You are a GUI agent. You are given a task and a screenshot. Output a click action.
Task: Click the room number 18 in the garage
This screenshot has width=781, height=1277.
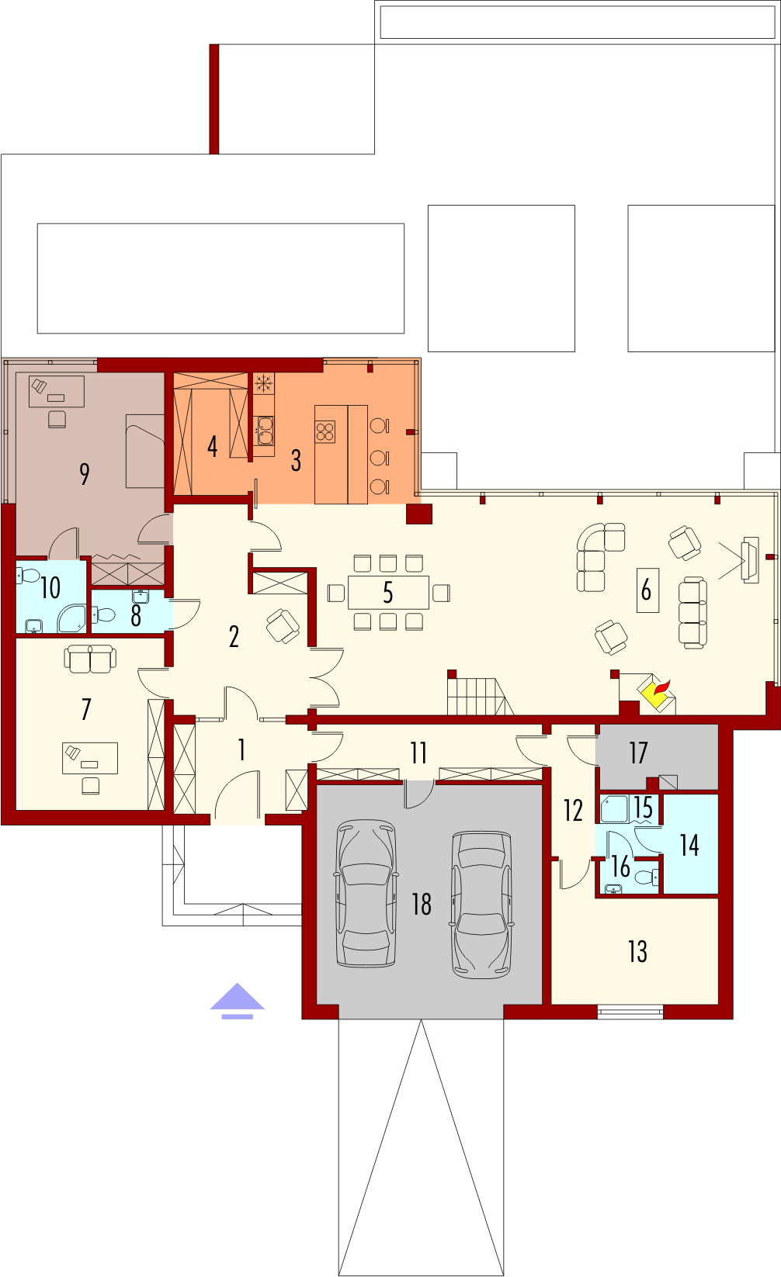coord(422,904)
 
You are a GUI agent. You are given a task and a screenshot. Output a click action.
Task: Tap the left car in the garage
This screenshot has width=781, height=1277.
coord(366,893)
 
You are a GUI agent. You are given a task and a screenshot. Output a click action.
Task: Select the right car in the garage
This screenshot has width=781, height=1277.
coord(481,905)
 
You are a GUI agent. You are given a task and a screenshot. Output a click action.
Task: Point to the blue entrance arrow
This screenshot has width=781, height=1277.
coord(237,1001)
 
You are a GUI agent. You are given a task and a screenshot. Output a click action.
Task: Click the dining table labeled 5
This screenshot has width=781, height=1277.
coord(388,593)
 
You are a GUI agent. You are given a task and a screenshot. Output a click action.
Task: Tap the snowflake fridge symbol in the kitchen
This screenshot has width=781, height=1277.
coord(263,384)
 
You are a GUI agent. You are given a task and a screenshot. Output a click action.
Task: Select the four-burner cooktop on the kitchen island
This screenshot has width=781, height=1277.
coord(325,431)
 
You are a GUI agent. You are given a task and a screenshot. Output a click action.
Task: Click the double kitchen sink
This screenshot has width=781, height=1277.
coord(263,431)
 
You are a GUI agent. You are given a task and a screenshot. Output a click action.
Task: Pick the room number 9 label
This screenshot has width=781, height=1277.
coord(85,473)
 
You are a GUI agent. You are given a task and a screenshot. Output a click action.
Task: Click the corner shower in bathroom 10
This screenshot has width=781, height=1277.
coord(72,618)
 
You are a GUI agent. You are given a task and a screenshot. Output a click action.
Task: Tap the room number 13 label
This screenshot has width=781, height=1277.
coord(638,951)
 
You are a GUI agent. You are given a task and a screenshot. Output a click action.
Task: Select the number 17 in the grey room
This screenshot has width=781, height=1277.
coord(638,753)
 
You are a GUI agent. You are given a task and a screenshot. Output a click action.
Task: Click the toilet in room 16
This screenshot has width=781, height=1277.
coord(646,876)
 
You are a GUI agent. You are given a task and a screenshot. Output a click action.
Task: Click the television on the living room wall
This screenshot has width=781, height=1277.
coord(750,560)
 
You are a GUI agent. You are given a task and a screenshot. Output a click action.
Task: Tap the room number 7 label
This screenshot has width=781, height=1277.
coord(86,709)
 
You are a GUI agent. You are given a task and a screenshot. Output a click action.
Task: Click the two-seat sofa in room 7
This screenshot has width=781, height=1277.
coord(90,659)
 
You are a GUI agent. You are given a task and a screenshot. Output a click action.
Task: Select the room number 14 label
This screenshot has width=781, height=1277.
coord(689,846)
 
